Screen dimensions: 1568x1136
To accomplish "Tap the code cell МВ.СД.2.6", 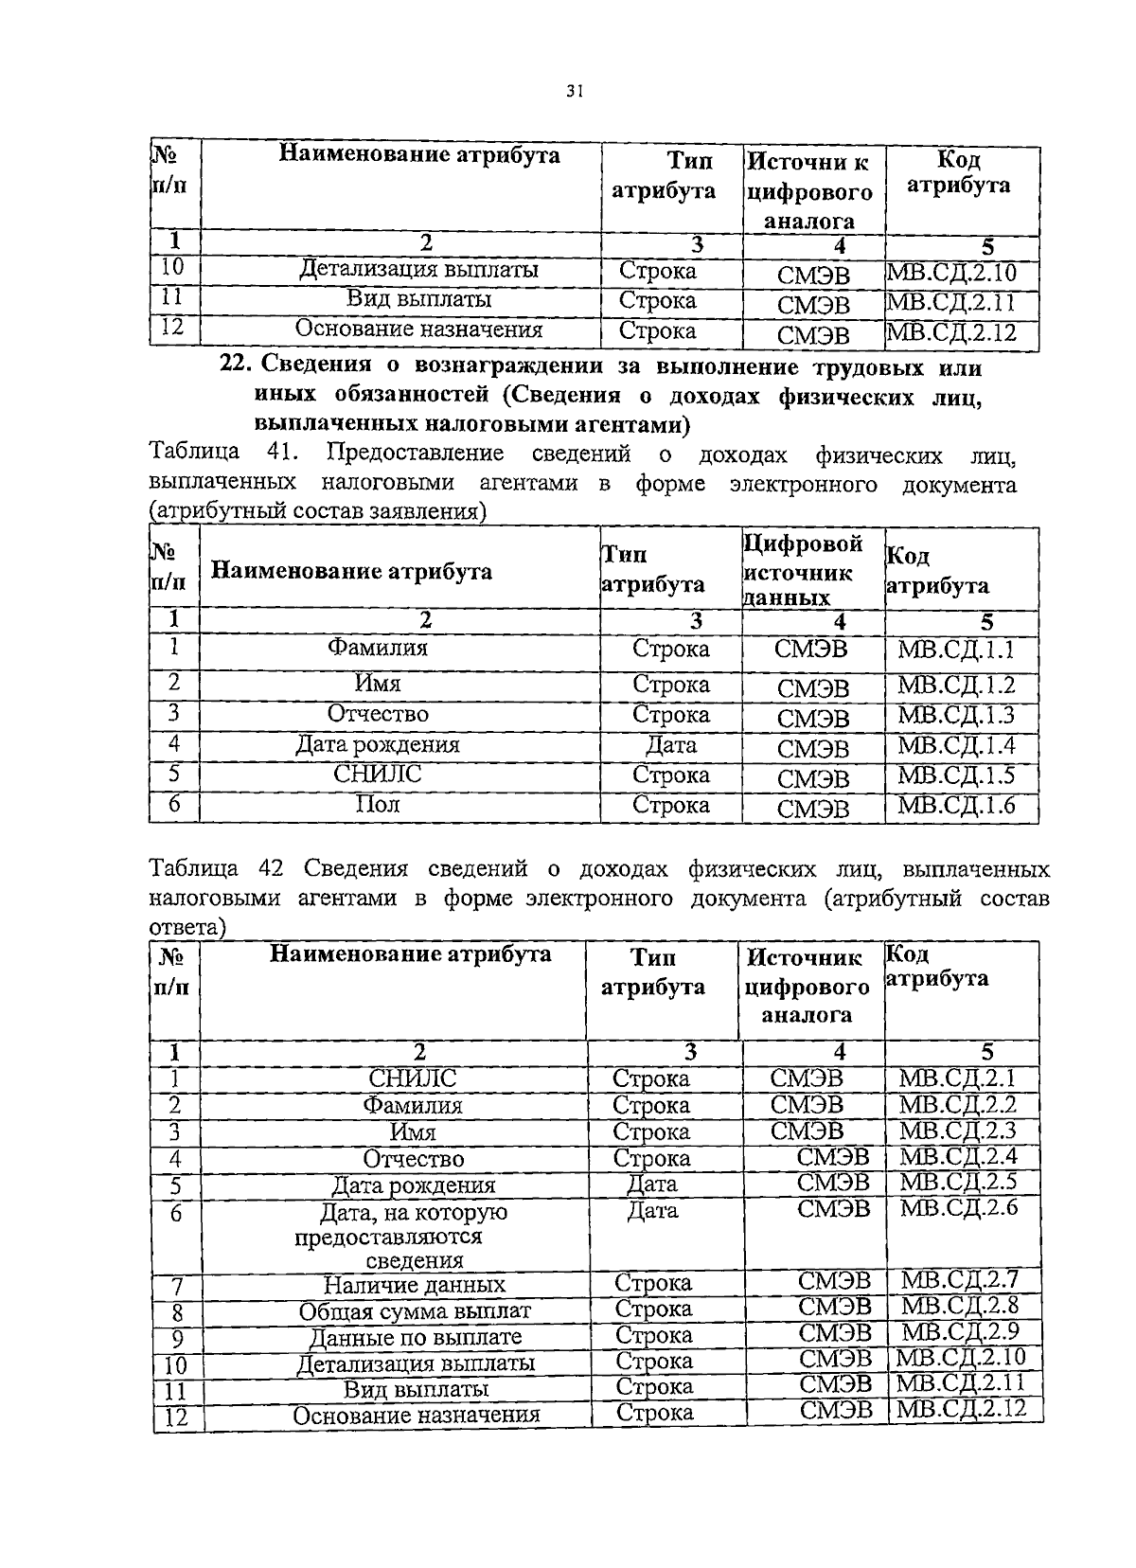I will pyautogui.click(x=958, y=1207).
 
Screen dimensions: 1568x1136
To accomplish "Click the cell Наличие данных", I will pyautogui.click(x=414, y=1285).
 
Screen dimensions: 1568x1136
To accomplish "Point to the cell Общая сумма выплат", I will pyautogui.click(x=415, y=1311).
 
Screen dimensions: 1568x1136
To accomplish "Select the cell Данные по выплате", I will pyautogui.click(x=416, y=1337).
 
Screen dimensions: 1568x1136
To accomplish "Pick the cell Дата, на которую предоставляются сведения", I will pyautogui.click(x=414, y=1236).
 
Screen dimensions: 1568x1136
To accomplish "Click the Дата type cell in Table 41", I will pyautogui.click(x=670, y=745).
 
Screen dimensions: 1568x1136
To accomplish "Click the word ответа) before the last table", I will pyautogui.click(x=188, y=927).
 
